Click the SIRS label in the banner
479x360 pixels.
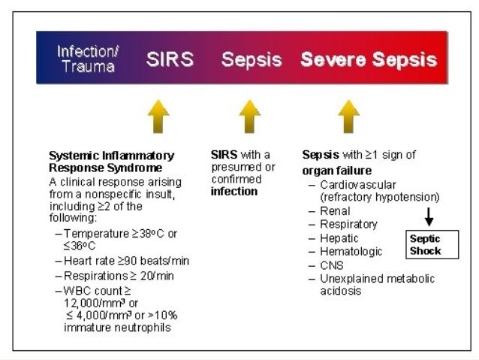(170, 59)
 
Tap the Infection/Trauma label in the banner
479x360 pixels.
(86, 59)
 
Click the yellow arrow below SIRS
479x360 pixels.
(158, 116)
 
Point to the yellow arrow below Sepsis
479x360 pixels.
(249, 116)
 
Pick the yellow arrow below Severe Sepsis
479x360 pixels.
(349, 116)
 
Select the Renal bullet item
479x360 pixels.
(334, 211)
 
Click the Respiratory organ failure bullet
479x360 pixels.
(348, 225)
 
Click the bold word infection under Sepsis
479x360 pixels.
(234, 192)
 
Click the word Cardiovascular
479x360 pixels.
(357, 184)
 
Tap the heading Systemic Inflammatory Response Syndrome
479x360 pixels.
(111, 161)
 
